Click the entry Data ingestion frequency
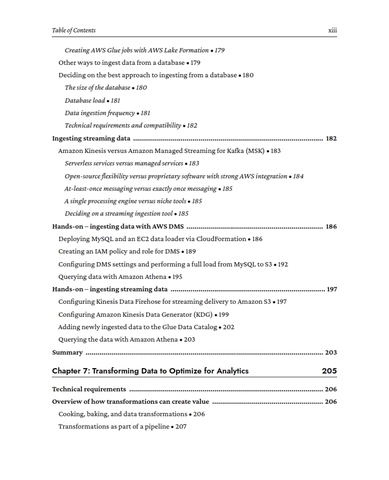(x=108, y=113)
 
